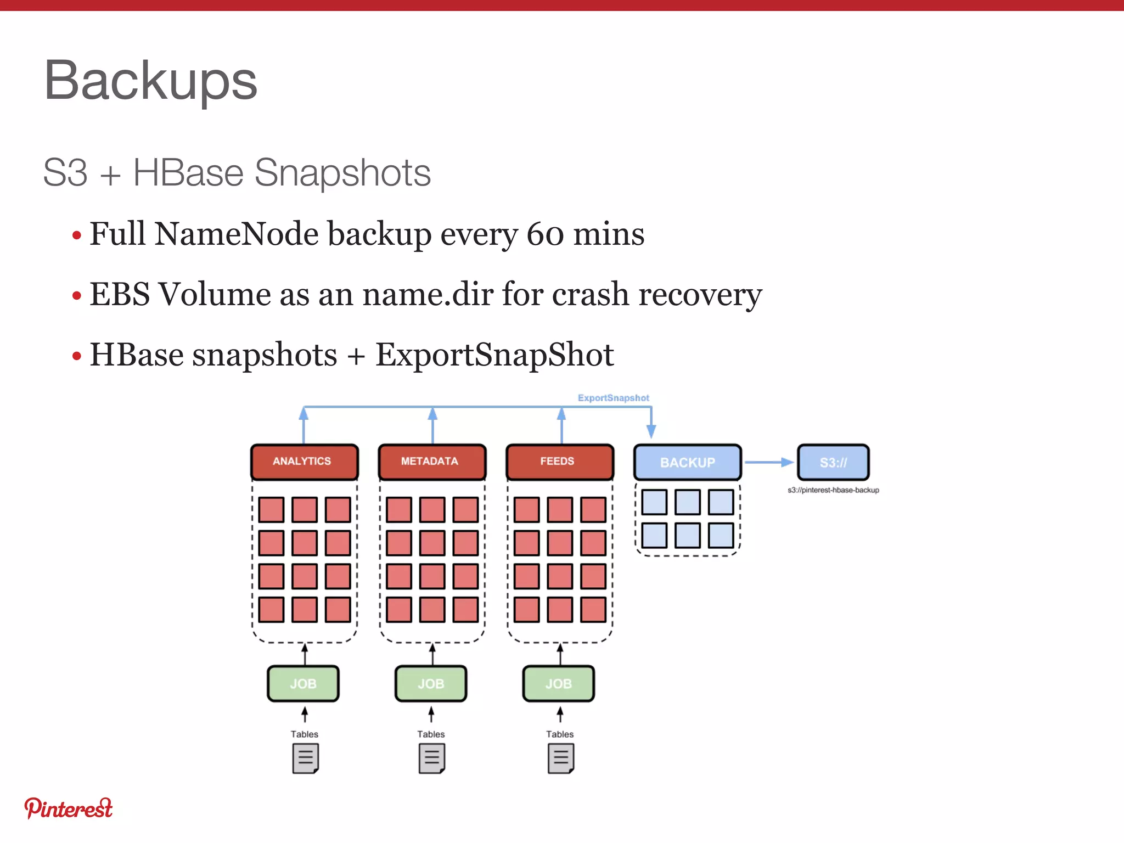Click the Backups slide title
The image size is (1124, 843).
point(150,81)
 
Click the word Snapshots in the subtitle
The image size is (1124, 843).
point(342,173)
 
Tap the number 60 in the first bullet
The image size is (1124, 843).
point(545,234)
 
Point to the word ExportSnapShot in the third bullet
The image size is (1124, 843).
point(494,355)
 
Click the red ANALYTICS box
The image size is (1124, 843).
point(304,462)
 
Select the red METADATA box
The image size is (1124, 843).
point(432,462)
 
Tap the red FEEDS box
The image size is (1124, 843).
point(559,462)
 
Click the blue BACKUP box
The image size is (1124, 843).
point(687,462)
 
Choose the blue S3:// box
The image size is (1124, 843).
point(833,462)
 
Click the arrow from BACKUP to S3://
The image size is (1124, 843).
point(769,462)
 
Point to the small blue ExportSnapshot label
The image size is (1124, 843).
point(613,398)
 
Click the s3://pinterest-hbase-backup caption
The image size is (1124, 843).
point(833,490)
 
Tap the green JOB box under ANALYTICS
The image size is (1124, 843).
point(303,684)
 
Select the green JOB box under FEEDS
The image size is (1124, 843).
point(558,684)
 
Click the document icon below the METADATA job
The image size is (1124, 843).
point(432,758)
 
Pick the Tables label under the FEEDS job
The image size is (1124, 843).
point(559,734)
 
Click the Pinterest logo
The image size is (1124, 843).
point(68,808)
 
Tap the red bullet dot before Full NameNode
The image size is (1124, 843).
point(77,236)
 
